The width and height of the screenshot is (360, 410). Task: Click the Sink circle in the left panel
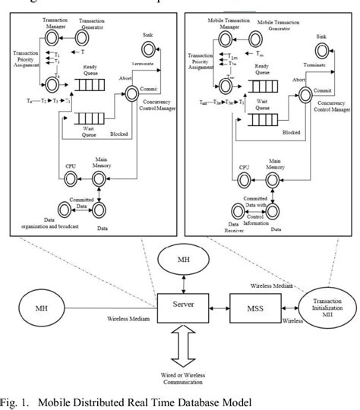152,50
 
